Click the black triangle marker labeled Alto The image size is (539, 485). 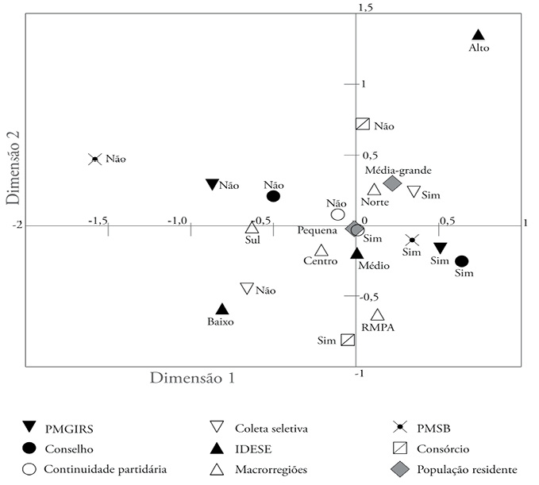click(478, 35)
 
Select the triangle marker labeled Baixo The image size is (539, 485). click(222, 309)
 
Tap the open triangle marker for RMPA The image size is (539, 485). click(377, 315)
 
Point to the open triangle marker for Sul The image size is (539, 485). click(252, 227)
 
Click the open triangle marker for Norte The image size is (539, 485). click(375, 190)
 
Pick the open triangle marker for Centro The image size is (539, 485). click(321, 250)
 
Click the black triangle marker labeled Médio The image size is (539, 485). click(357, 253)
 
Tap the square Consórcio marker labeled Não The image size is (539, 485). click(362, 124)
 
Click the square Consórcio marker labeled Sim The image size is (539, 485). click(348, 340)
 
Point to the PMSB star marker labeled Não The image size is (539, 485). click(95, 159)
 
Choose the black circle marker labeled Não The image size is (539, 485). click(273, 196)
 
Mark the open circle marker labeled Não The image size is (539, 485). click(337, 214)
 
